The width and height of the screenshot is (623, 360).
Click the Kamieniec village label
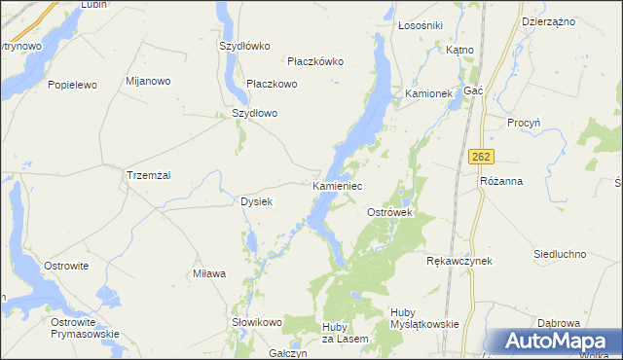coord(338,184)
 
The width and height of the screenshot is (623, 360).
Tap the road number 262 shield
coord(480,157)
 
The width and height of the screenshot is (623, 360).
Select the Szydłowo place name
coord(254,113)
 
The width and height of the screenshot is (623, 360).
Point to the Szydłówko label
coord(244,45)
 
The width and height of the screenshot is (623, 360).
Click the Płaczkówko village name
coord(315,60)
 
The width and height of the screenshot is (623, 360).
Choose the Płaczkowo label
coord(272,84)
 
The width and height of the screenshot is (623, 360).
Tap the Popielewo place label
coord(73,85)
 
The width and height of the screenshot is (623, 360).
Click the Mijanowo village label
coord(149,81)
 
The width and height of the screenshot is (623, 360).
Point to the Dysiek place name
coord(256,201)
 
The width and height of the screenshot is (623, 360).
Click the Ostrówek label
coord(390,211)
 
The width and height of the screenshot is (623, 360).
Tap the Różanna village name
coord(502,181)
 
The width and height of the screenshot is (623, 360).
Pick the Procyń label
coord(524,123)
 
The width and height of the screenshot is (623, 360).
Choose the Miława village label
coord(209,274)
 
